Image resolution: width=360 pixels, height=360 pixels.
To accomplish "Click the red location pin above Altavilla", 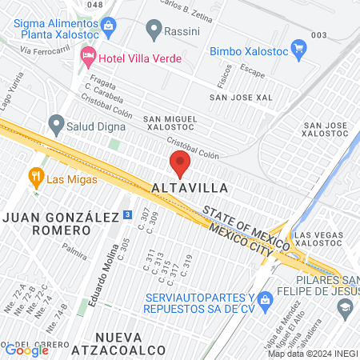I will coord(180,165).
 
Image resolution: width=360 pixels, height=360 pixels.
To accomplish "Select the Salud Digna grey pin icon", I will coord(56,124).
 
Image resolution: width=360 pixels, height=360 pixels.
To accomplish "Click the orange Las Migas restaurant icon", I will coord(35,176).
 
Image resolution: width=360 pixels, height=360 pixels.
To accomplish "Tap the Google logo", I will coord(26,349).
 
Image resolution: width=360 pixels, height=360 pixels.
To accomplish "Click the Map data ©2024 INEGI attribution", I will coord(312,354).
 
